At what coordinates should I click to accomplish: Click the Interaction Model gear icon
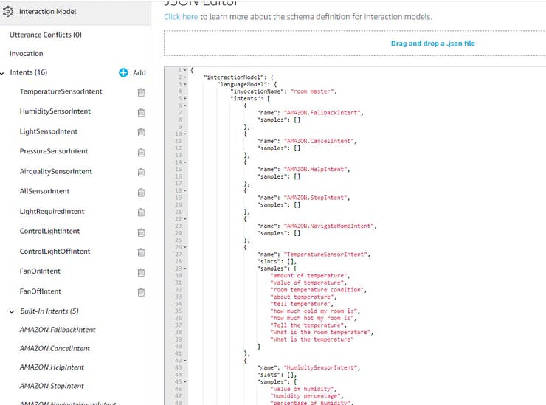(8, 12)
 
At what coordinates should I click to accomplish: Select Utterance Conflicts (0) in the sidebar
(46, 35)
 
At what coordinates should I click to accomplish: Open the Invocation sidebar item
(27, 54)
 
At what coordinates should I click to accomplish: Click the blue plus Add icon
(123, 73)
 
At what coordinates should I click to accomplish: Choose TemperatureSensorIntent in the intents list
(61, 91)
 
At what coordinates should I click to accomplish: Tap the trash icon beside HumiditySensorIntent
(141, 112)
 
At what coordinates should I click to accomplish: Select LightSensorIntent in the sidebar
(49, 131)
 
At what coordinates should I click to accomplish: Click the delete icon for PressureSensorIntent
(141, 152)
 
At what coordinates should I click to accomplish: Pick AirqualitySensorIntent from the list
(56, 171)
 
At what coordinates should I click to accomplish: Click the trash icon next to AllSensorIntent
(141, 192)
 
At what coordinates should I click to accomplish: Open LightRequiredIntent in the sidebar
(52, 211)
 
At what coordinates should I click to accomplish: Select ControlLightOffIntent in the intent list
(55, 252)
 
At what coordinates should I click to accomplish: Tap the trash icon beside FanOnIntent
(141, 272)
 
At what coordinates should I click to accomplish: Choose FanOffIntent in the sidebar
(41, 291)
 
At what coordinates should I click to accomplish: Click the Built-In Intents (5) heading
(49, 311)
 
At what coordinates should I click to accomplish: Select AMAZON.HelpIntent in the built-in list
(52, 367)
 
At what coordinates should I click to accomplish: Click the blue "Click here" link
(181, 17)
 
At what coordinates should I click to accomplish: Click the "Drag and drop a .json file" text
(432, 44)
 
